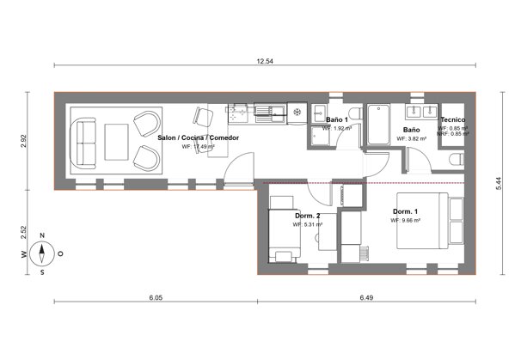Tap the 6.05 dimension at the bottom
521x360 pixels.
click(x=155, y=297)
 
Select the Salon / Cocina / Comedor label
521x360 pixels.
click(x=198, y=137)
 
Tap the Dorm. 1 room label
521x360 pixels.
click(x=406, y=211)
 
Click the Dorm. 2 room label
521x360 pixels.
click(x=307, y=215)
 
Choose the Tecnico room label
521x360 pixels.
click(x=452, y=119)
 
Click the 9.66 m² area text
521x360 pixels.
click(x=406, y=221)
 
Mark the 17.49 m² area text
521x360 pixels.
click(x=199, y=147)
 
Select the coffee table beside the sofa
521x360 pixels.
click(x=116, y=140)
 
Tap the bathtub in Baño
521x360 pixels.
click(x=378, y=125)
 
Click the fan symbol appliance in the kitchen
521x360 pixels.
click(x=297, y=111)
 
